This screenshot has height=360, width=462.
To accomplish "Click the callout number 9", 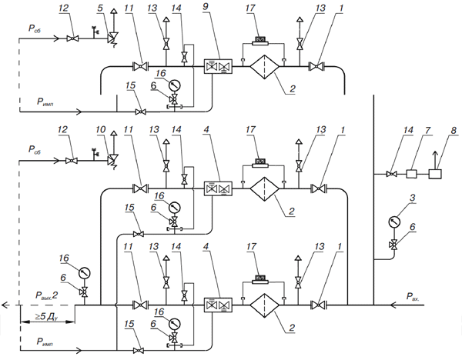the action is coord(206,7).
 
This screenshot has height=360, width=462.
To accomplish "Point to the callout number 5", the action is coord(100,8).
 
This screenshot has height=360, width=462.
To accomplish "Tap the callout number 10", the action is coord(100,129).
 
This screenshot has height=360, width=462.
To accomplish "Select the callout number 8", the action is coord(454,130).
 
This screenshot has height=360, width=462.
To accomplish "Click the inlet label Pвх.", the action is coord(413,296).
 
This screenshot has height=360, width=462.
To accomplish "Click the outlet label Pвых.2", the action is coord(46,295).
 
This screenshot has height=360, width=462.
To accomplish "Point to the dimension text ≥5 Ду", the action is coord(46,316).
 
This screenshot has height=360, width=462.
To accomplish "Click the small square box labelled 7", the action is coord(410,174).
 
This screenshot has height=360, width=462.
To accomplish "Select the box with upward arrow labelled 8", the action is coord(435,174).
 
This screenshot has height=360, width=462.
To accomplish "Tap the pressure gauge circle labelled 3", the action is coord(394,222).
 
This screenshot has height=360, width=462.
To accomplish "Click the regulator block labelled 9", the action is coord(218,67).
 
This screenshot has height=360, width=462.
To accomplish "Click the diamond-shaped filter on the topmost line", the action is coord(264,67).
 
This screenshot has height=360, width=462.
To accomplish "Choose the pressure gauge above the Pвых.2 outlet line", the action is coord(85,273).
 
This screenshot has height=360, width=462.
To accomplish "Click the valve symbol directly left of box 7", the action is coord(392,175).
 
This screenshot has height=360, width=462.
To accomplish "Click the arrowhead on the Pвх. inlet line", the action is coord(393,305).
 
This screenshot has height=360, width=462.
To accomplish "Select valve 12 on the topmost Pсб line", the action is coord(72,38).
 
